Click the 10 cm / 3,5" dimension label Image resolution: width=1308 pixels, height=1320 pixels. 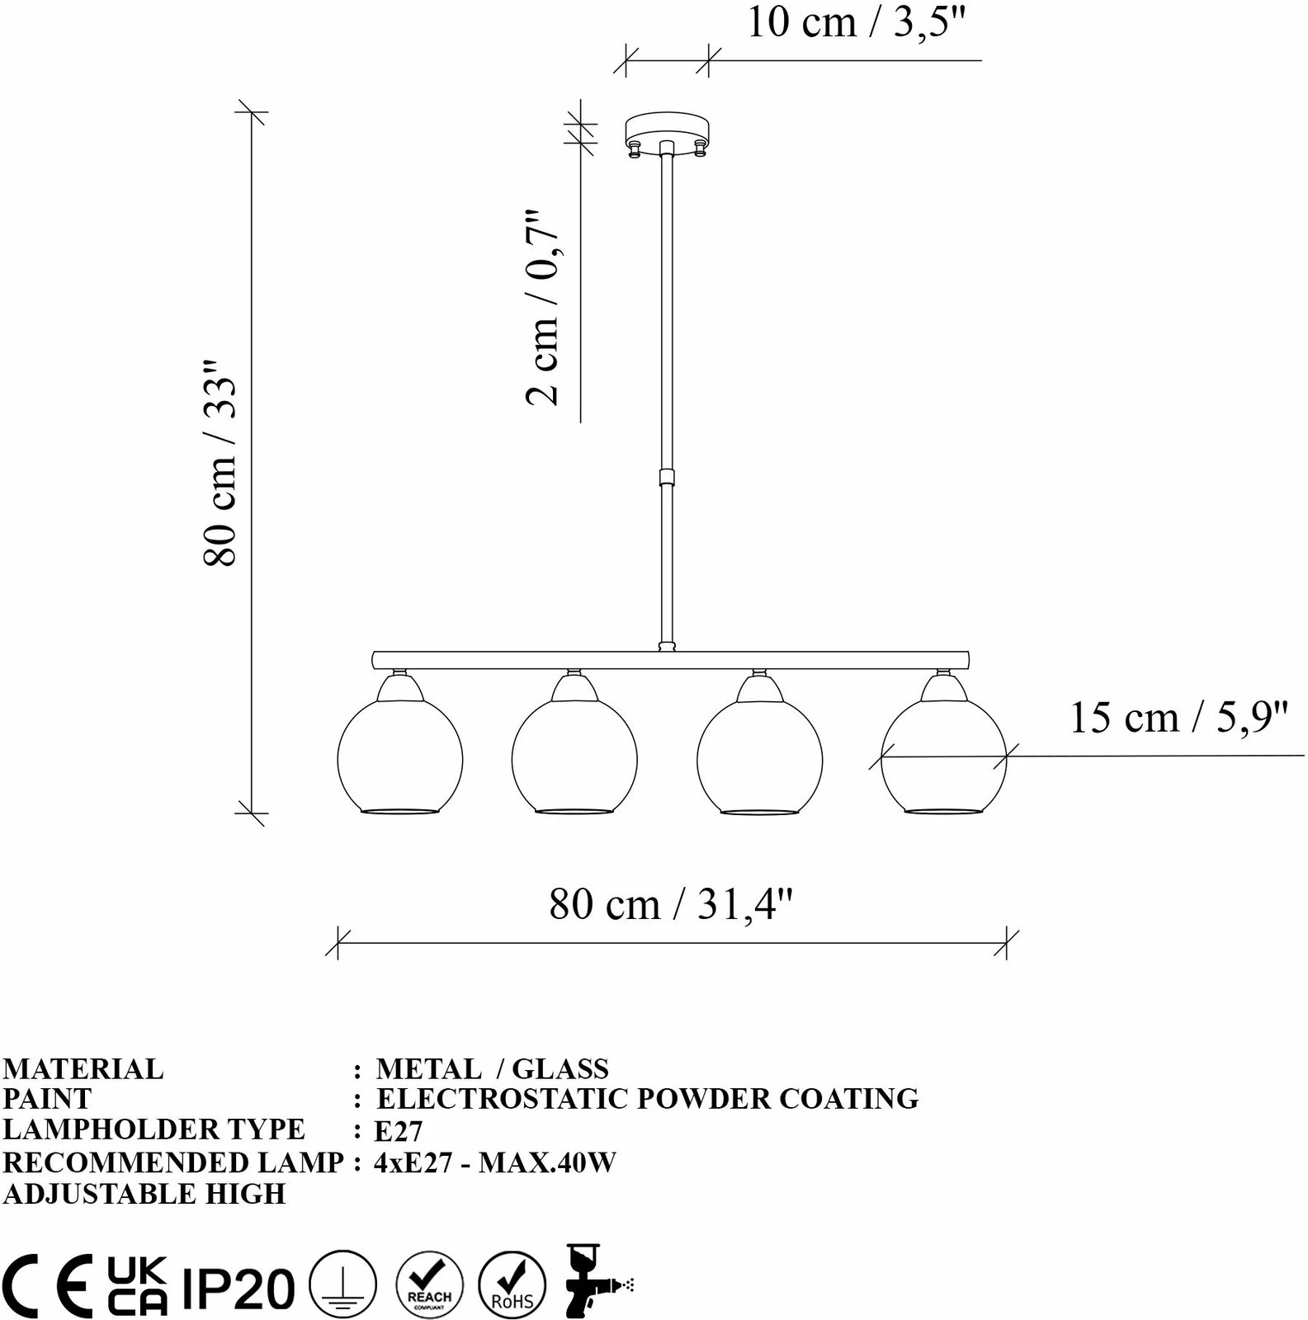[856, 22]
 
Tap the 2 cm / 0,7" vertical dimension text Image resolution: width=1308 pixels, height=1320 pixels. [544, 307]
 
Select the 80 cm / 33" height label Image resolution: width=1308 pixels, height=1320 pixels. [220, 462]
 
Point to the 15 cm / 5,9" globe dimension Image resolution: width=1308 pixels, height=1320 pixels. [1178, 718]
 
